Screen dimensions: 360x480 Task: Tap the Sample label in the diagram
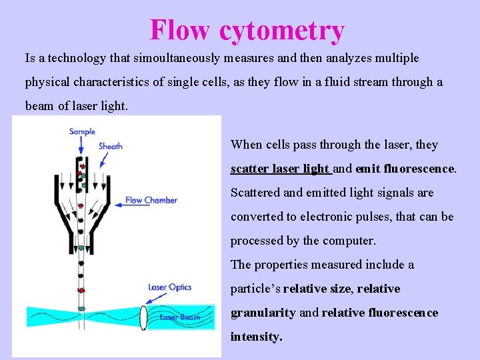[x=82, y=131]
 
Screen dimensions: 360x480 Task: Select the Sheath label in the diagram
[x=111, y=146]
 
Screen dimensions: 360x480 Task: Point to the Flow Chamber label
[x=151, y=200]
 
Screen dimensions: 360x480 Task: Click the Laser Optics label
[x=169, y=287]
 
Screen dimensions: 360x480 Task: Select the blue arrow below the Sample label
[x=81, y=144]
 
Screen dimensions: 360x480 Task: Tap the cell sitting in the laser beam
[x=81, y=308]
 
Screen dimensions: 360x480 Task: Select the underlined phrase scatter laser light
[x=280, y=169]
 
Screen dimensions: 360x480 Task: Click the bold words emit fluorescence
[x=405, y=169]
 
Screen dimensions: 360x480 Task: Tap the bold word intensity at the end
[x=256, y=337]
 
